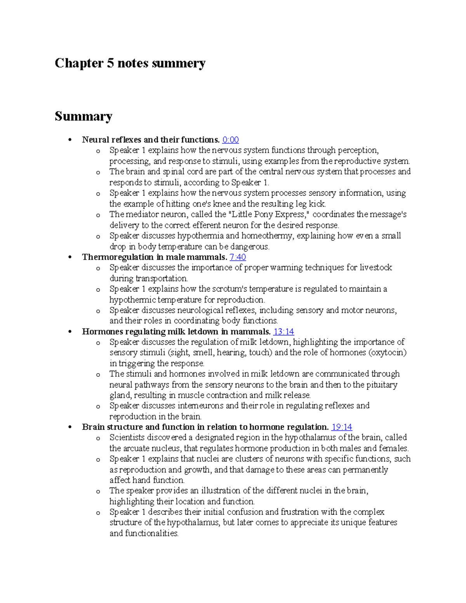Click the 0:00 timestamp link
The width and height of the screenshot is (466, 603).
click(230, 140)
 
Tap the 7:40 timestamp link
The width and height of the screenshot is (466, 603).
click(238, 257)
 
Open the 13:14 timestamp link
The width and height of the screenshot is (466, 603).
click(283, 332)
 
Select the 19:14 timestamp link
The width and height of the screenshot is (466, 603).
click(341, 427)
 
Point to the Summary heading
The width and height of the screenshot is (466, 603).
click(83, 116)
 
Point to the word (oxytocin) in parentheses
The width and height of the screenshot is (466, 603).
click(387, 353)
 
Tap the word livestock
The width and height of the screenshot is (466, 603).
click(376, 268)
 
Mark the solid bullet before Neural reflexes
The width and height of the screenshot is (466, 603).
click(70, 140)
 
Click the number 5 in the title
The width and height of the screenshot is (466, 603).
click(110, 63)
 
